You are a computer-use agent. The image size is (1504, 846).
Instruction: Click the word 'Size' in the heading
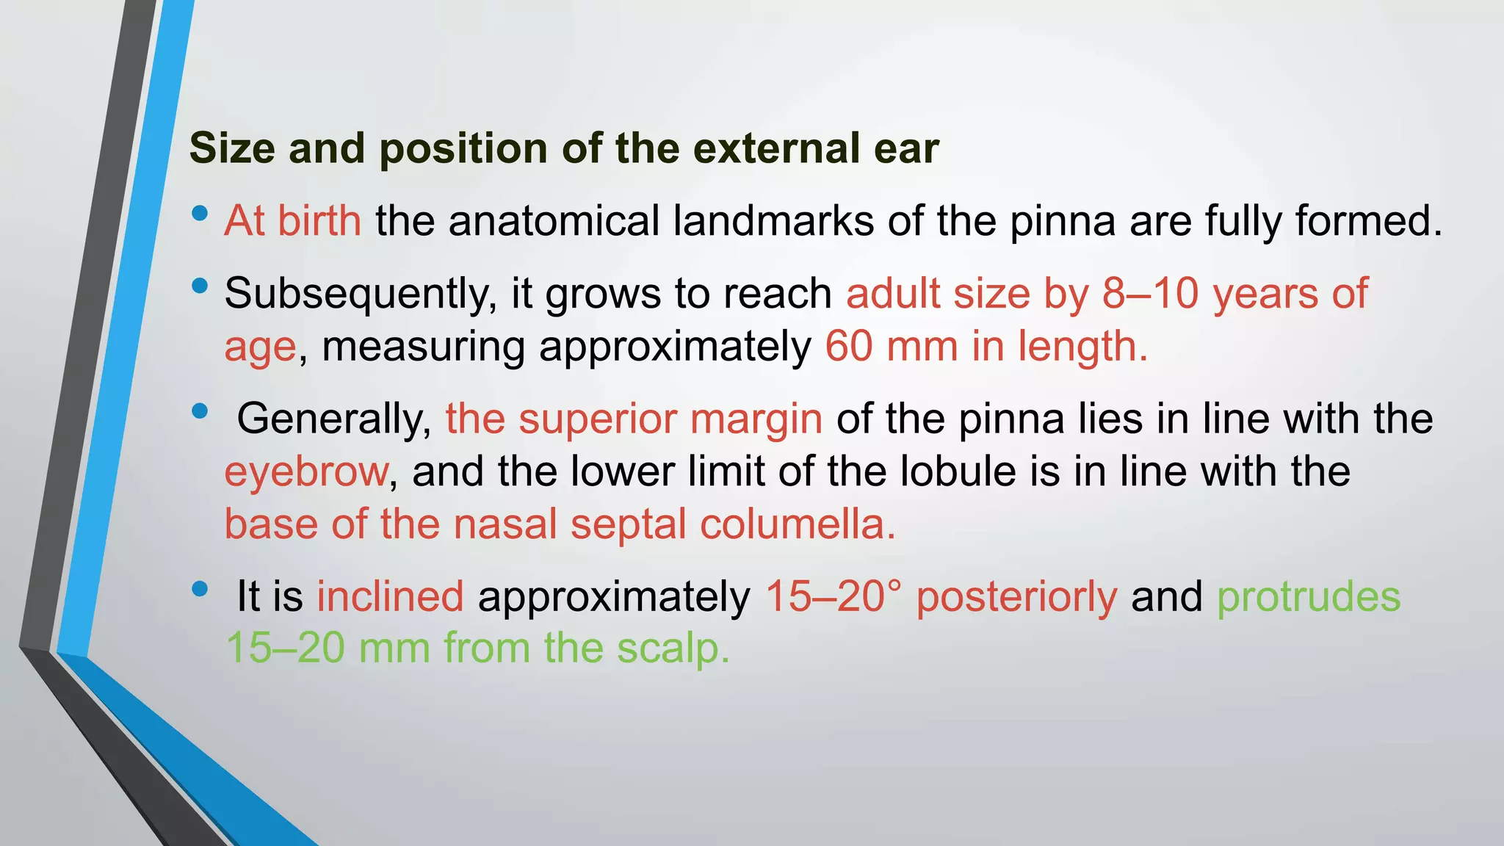pyautogui.click(x=231, y=148)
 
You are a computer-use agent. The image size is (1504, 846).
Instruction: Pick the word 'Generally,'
pyautogui.click(x=334, y=419)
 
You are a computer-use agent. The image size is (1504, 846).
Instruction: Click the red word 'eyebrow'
pyautogui.click(x=305, y=471)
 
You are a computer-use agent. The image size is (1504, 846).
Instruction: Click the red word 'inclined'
pyautogui.click(x=390, y=596)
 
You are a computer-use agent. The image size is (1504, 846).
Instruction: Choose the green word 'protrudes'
pyautogui.click(x=1309, y=596)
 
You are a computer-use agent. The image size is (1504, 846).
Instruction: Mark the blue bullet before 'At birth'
pyautogui.click(x=199, y=214)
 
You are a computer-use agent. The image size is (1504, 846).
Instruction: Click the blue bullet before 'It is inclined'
pyautogui.click(x=199, y=589)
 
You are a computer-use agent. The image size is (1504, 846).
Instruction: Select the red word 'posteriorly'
pyautogui.click(x=1016, y=596)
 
